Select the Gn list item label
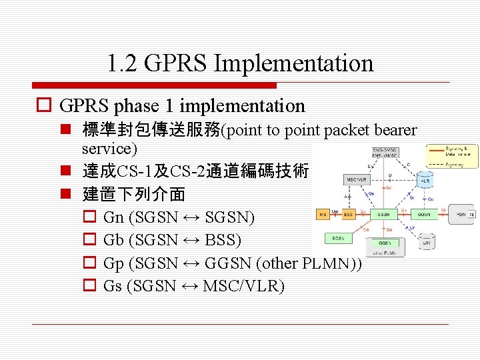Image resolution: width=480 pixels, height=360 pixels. (x=114, y=217)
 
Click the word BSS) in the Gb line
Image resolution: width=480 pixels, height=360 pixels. (x=224, y=240)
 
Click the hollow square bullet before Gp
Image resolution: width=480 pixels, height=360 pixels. (x=89, y=264)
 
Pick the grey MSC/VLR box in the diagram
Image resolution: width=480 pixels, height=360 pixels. (x=357, y=180)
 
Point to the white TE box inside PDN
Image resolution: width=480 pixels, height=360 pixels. (x=472, y=215)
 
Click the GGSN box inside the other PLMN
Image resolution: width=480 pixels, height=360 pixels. (x=385, y=244)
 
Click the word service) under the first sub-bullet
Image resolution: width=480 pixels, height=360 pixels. (x=109, y=148)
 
